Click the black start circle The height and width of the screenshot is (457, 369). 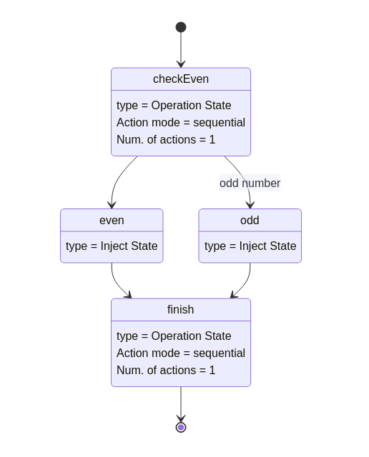[181, 27]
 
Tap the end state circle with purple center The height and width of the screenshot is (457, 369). [181, 427]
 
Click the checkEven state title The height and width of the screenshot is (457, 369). [181, 79]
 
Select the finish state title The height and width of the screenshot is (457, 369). [180, 309]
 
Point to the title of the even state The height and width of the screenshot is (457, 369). [112, 221]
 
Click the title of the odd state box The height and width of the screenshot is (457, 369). [250, 221]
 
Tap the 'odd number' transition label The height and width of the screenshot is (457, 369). [250, 183]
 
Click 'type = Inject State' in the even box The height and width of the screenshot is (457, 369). [112, 246]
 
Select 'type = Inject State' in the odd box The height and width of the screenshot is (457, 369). [250, 246]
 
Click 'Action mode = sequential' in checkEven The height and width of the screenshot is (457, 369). [181, 122]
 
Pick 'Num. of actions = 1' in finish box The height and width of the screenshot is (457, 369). [166, 370]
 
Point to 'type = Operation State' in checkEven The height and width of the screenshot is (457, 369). [174, 105]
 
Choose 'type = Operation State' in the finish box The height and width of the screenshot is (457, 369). [174, 336]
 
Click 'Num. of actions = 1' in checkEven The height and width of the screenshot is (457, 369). [166, 140]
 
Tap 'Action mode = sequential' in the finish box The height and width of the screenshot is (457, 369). [181, 353]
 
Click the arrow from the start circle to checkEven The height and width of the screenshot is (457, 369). [181, 50]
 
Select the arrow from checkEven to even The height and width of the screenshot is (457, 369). [116, 180]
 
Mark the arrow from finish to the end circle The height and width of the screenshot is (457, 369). [181, 404]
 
